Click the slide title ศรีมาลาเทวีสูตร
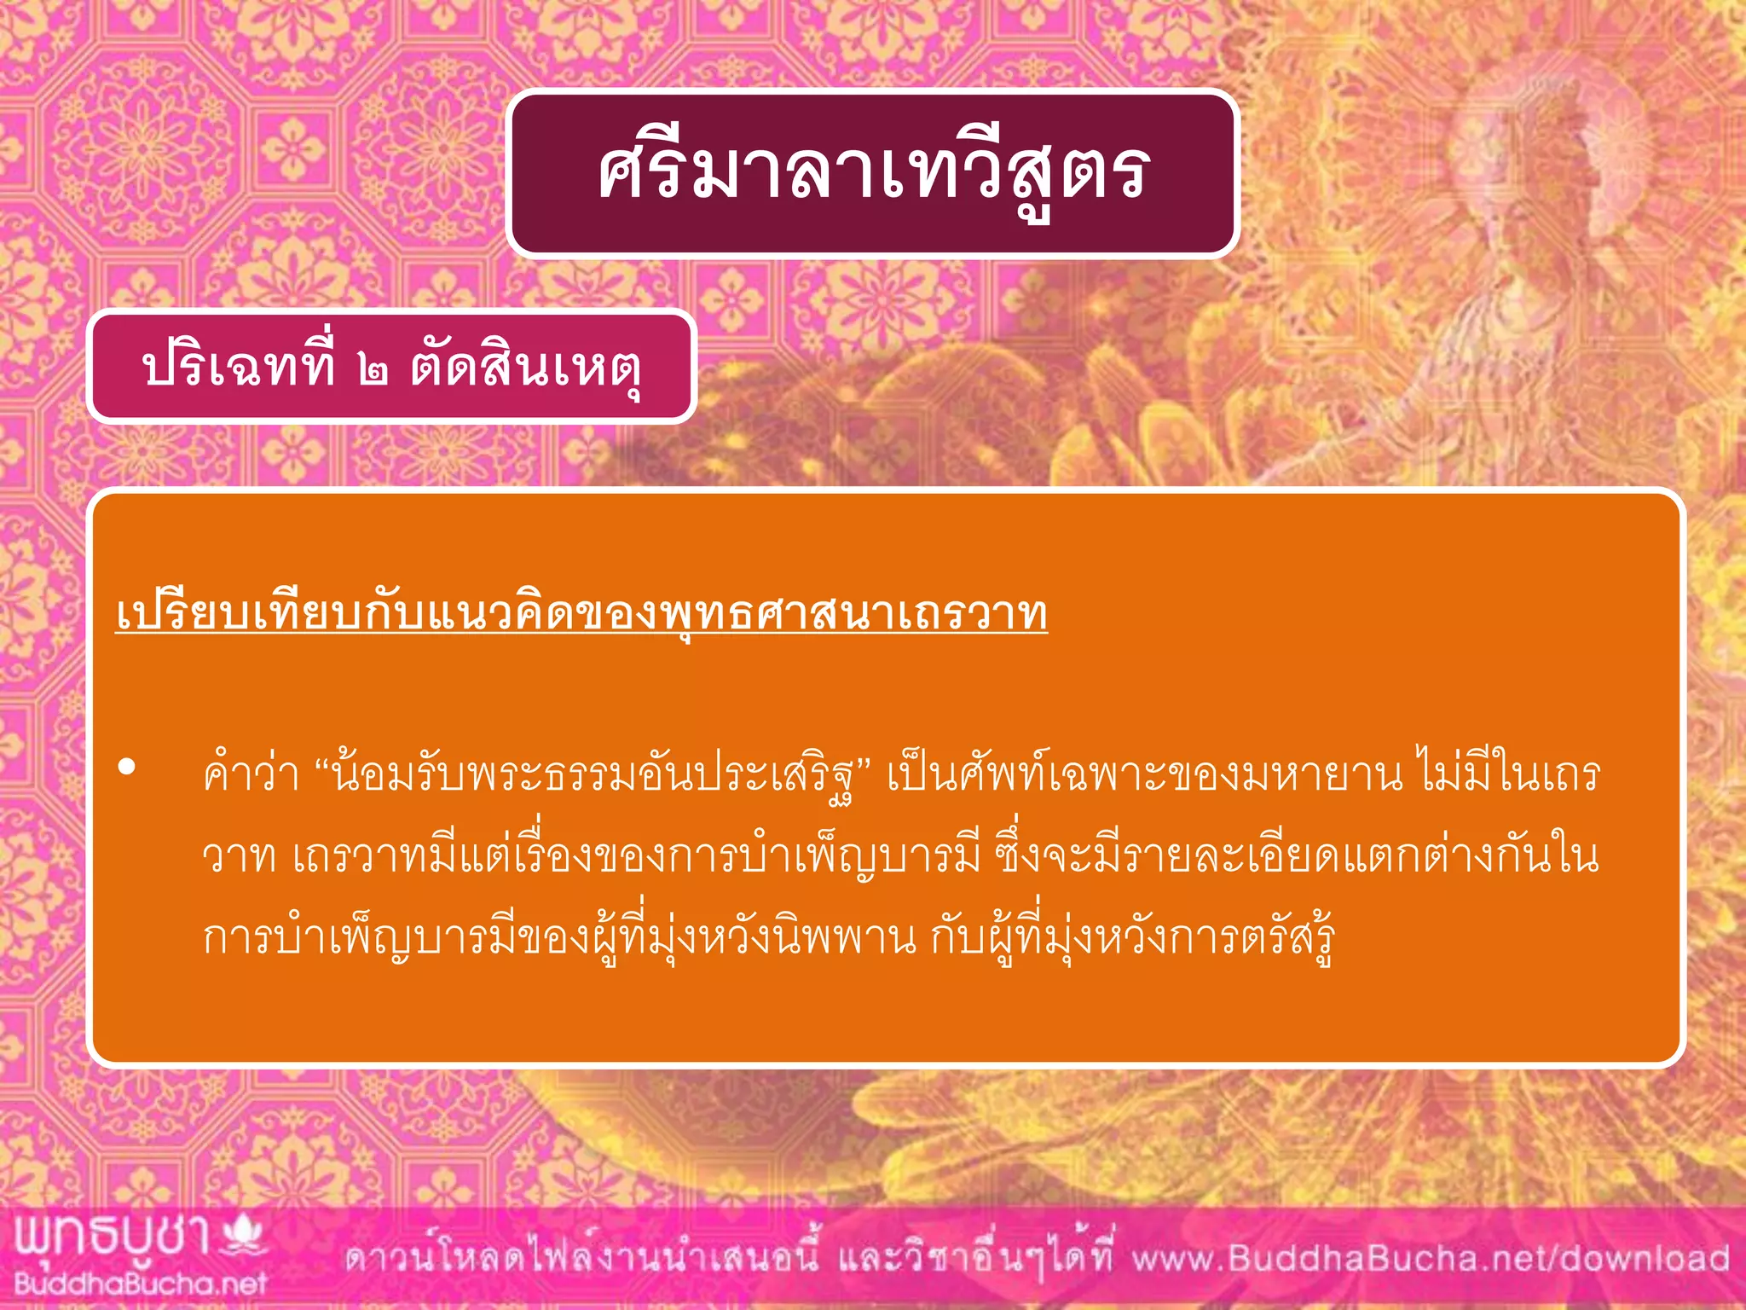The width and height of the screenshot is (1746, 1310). click(x=873, y=173)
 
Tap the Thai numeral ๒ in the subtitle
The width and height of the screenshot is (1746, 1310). click(x=373, y=370)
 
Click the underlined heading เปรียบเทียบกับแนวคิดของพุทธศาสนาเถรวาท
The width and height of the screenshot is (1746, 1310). click(x=581, y=614)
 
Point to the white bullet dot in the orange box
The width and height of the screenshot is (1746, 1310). click(x=127, y=767)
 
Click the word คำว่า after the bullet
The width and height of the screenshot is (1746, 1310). click(x=251, y=774)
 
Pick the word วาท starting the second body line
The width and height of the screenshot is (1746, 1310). click(x=239, y=856)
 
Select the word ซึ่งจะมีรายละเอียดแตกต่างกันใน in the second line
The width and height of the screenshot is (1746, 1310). click(x=1296, y=856)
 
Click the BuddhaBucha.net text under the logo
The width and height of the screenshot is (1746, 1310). click(x=141, y=1284)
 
